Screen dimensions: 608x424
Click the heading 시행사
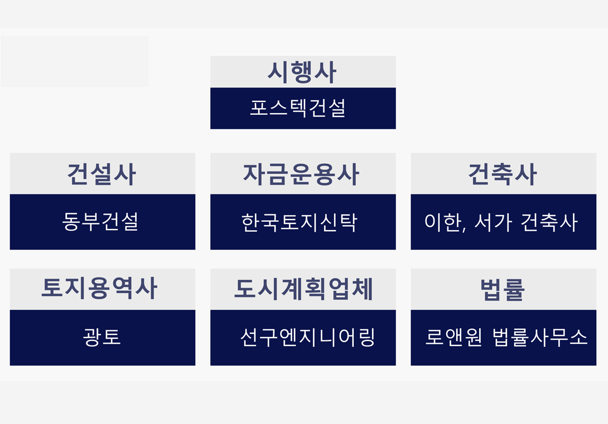click(302, 72)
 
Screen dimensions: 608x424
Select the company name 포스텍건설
click(298, 108)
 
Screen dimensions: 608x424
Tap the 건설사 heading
click(102, 174)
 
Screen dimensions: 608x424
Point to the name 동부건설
click(100, 222)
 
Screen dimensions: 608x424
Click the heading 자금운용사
click(301, 174)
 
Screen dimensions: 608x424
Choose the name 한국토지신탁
click(299, 222)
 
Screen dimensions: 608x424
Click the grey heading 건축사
click(503, 174)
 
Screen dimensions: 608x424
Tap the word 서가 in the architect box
click(493, 222)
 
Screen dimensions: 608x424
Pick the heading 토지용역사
click(99, 289)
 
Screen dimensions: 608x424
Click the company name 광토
click(102, 337)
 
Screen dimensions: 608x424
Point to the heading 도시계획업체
click(303, 289)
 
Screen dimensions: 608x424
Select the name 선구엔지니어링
click(307, 337)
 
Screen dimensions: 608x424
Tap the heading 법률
click(503, 289)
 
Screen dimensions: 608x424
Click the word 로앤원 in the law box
click(453, 337)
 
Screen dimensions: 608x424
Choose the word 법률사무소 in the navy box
click(540, 337)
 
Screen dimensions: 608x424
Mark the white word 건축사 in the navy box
click(549, 222)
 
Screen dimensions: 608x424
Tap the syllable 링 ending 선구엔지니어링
click(366, 337)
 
